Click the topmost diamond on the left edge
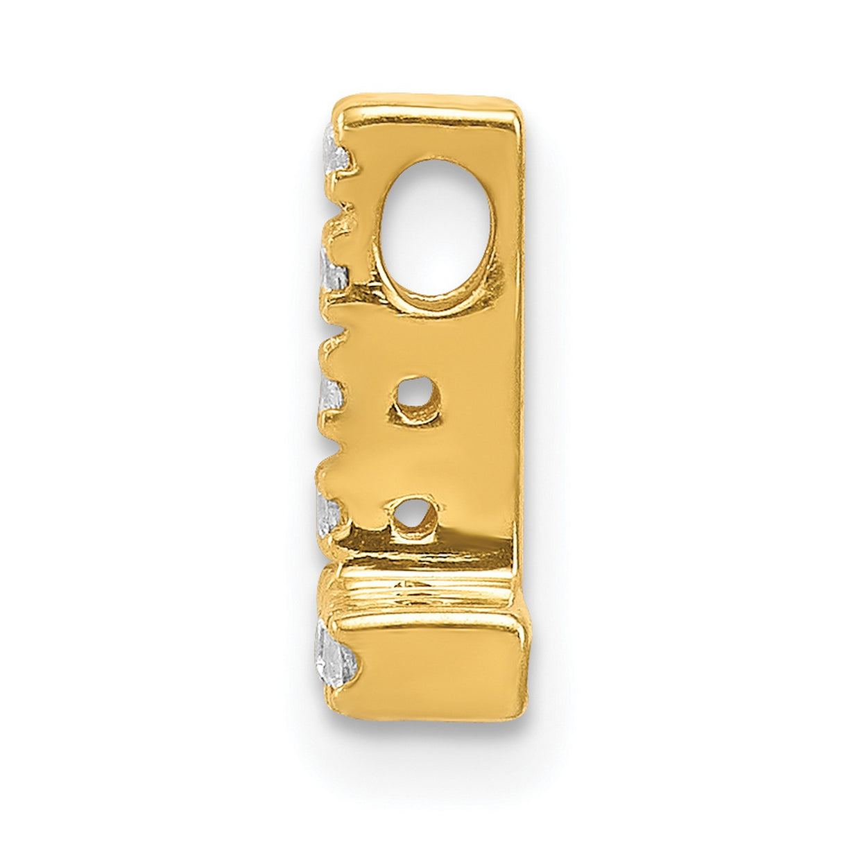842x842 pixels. [335, 154]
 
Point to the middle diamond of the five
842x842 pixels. [331, 397]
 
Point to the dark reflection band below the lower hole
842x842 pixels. [423, 555]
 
